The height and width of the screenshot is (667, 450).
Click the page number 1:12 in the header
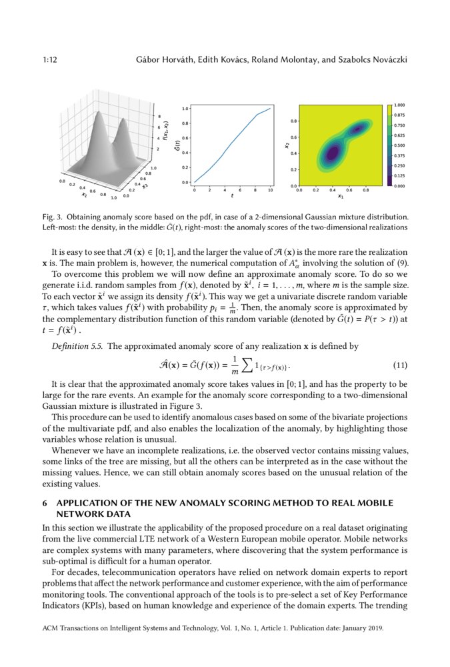(x=49, y=60)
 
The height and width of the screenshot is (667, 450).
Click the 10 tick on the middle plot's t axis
(x=270, y=190)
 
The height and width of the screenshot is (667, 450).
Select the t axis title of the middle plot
(x=232, y=197)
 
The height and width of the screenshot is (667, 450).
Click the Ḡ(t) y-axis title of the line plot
(x=177, y=144)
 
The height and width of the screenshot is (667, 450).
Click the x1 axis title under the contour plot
(x=340, y=197)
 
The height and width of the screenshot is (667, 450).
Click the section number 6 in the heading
(x=43, y=502)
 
